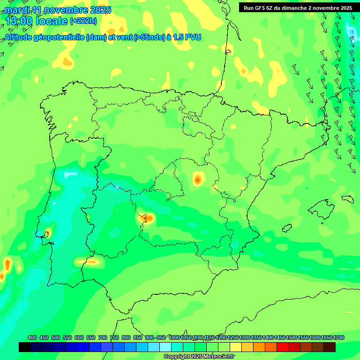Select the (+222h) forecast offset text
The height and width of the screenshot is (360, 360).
pyautogui.click(x=83, y=21)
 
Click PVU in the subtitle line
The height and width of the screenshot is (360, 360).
pyautogui.click(x=192, y=37)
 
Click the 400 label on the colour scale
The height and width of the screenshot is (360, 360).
pyautogui.click(x=32, y=338)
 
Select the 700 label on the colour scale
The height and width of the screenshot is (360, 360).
pyautogui.click(x=103, y=338)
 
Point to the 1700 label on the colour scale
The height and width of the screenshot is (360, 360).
pyautogui.click(x=338, y=338)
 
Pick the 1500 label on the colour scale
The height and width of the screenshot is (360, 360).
pyautogui.click(x=292, y=338)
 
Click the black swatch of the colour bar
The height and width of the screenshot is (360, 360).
pyautogui.click(x=25, y=347)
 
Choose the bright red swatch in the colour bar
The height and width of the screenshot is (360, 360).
pyautogui.click(x=283, y=347)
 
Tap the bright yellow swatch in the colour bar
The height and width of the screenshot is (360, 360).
pyautogui.click(x=236, y=347)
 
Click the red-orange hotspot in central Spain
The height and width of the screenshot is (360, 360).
pyautogui.click(x=198, y=179)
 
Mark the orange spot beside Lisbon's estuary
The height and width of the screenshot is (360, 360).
pyautogui.click(x=46, y=233)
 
